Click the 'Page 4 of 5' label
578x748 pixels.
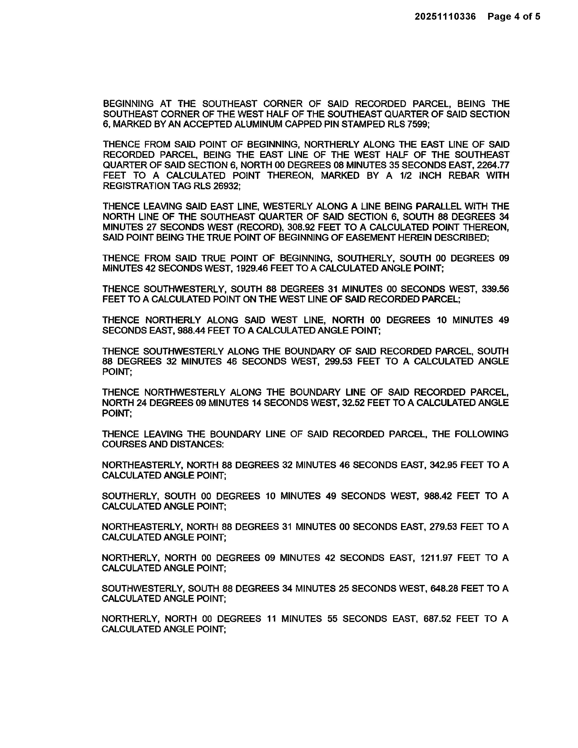click(x=514, y=16)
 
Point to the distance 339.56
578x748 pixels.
click(x=495, y=289)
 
